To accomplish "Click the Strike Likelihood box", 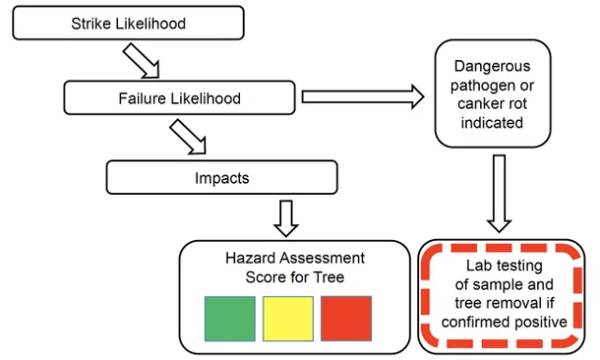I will (x=129, y=23).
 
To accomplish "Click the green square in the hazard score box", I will (x=230, y=318).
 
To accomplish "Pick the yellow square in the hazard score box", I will (x=288, y=318).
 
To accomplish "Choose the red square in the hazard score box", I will (x=346, y=318).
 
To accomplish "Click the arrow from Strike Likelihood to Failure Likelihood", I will (x=142, y=64).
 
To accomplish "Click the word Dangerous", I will (x=492, y=67).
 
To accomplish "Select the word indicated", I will (x=492, y=122).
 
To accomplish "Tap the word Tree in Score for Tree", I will (x=329, y=277).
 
